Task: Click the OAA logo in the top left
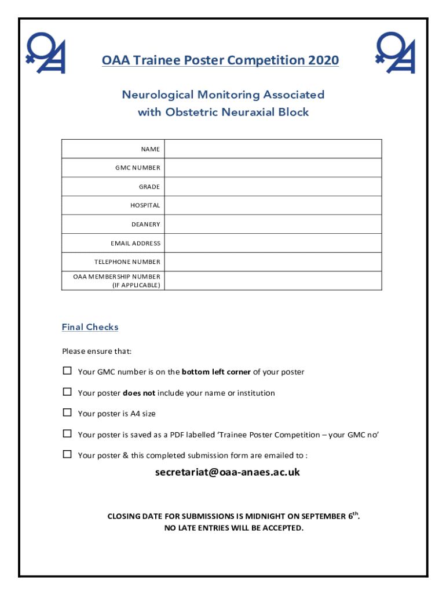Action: (47, 53)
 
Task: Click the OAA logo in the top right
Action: (396, 53)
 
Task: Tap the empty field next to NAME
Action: (273, 149)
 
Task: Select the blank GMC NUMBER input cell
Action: (273, 168)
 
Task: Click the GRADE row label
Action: (149, 187)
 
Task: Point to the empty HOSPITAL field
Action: (273, 205)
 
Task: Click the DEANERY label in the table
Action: (145, 224)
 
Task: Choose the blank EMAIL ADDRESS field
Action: (273, 243)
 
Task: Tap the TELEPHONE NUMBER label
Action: (127, 262)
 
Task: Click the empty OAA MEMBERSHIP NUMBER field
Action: (273, 281)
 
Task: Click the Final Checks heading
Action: (90, 327)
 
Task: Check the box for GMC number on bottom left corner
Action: (67, 371)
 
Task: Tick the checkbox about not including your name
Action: (67, 392)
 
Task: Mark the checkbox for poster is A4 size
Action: (67, 413)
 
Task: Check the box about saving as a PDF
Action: (67, 434)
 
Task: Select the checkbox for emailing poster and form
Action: (67, 455)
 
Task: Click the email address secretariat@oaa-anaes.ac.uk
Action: (227, 472)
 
